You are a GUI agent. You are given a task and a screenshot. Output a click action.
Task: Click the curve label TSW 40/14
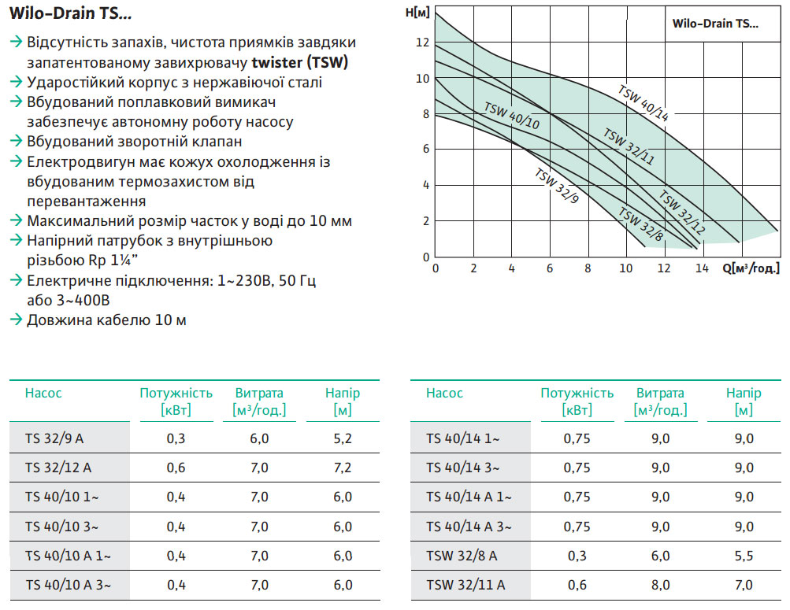pos(643,102)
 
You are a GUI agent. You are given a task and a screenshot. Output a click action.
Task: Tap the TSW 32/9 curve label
pos(556,187)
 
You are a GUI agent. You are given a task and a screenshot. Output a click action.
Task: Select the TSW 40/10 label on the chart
pos(511,116)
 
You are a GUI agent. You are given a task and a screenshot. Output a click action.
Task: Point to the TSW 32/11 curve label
pos(629,146)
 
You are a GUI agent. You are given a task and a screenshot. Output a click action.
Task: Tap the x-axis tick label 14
pos(702,268)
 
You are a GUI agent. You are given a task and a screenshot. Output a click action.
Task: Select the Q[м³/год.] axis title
pos(751,268)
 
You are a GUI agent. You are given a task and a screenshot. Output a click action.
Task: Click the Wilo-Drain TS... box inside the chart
pos(715,24)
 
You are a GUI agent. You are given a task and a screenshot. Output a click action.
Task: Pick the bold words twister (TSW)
pos(300,62)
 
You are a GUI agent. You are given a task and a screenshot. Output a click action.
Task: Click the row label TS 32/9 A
pos(54,438)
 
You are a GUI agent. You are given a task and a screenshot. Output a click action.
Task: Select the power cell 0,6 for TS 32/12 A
pos(176,468)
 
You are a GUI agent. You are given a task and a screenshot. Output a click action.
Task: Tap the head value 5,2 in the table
pos(343,438)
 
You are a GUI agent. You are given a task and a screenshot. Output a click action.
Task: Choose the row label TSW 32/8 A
pos(462,556)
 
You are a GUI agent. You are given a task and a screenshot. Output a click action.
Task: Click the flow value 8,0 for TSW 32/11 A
pos(660,585)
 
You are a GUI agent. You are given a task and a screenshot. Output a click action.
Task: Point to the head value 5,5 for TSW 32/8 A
pos(744,556)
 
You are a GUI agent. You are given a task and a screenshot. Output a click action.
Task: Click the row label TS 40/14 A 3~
pos(469,527)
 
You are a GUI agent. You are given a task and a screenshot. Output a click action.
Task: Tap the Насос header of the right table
pos(444,393)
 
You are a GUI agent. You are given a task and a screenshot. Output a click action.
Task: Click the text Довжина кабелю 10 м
pos(106,320)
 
